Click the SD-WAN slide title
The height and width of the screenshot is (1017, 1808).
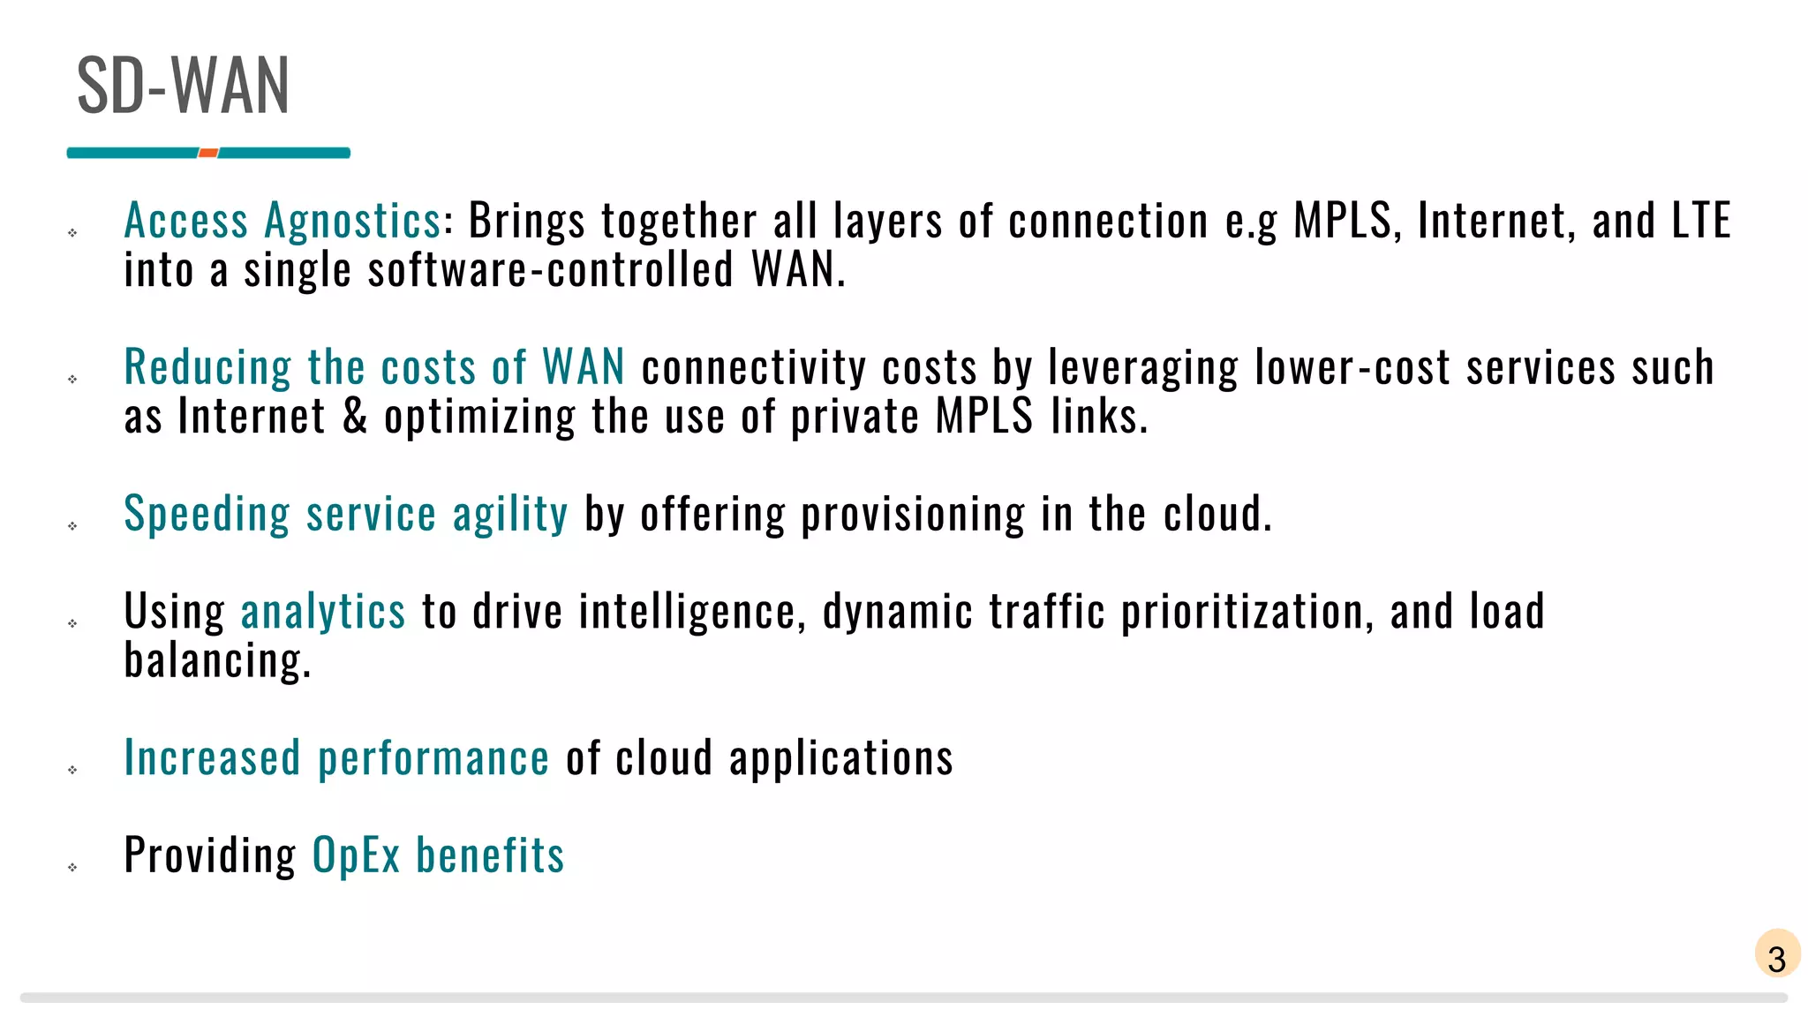pyautogui.click(x=183, y=86)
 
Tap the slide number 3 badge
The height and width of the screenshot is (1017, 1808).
pyautogui.click(x=1777, y=955)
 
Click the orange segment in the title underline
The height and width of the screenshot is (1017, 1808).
pyautogui.click(x=208, y=153)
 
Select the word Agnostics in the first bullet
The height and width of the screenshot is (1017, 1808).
pyautogui.click(x=352, y=221)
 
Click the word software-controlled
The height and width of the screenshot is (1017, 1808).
pyautogui.click(x=550, y=269)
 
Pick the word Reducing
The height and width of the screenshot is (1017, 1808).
pyautogui.click(x=207, y=367)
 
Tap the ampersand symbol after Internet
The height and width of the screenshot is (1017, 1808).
pyautogui.click(x=355, y=416)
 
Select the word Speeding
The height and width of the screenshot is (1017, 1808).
pyautogui.click(x=207, y=514)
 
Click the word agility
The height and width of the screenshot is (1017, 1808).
pyautogui.click(x=510, y=514)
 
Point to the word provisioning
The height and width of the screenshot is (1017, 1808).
pyautogui.click(x=913, y=514)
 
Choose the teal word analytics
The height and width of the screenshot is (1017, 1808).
pyautogui.click(x=323, y=611)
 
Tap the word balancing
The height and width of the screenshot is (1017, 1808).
pyautogui.click(x=217, y=660)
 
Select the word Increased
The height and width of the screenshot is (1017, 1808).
pyautogui.click(x=212, y=757)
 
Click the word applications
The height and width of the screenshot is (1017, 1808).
pyautogui.click(x=840, y=757)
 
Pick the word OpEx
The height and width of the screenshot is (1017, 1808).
pyautogui.click(x=356, y=855)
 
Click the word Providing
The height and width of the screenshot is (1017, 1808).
pyautogui.click(x=210, y=855)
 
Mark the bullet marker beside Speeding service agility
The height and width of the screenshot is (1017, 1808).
pyautogui.click(x=72, y=526)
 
